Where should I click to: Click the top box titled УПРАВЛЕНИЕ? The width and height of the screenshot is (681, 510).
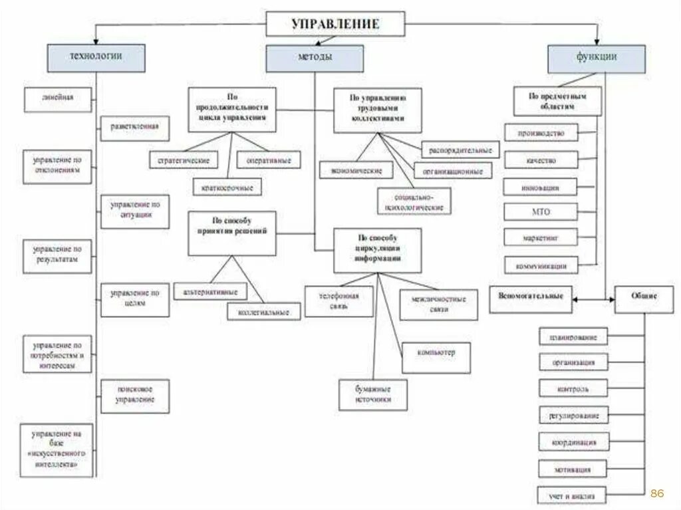point(335,24)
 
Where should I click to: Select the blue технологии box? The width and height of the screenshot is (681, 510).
point(96,57)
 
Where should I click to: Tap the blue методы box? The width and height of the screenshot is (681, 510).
point(315,59)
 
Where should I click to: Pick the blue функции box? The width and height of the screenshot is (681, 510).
point(597,58)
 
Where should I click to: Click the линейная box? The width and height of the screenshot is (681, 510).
point(58,98)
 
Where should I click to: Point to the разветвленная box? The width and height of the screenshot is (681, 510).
point(134,127)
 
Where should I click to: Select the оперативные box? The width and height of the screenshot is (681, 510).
point(269,160)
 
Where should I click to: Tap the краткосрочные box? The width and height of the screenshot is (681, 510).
point(227,188)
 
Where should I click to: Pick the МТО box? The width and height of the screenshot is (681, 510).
point(541,212)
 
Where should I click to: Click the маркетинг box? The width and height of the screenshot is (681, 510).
point(541,237)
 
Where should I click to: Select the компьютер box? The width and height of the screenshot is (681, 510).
point(436,352)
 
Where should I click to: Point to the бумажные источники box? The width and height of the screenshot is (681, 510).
point(372,394)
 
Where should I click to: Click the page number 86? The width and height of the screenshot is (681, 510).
point(656,493)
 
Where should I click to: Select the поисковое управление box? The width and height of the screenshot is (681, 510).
point(134,394)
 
